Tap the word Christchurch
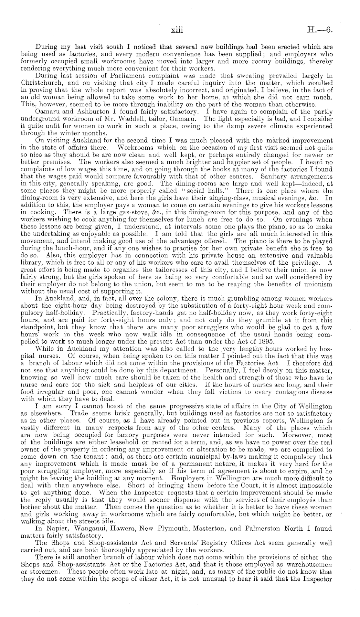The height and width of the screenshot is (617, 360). tap(41, 82)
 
